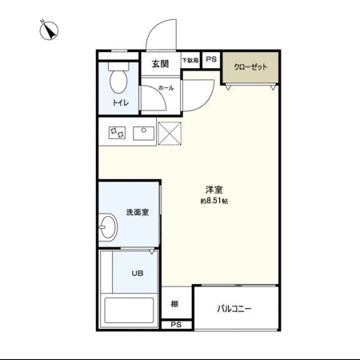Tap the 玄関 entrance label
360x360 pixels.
tap(160, 63)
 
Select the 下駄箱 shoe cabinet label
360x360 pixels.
tap(190, 60)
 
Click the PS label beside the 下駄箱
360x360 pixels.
tap(211, 60)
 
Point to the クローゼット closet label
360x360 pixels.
tap(250, 67)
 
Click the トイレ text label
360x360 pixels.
tap(120, 103)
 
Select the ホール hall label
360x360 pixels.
tap(166, 87)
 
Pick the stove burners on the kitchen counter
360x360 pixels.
tap(117, 132)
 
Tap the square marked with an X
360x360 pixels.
tap(170, 133)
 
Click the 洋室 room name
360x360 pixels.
tap(214, 190)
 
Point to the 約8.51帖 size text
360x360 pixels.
tap(214, 202)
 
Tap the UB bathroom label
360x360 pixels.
tap(138, 274)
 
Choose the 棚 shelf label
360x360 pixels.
tap(174, 304)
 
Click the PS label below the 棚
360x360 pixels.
tap(176, 324)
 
